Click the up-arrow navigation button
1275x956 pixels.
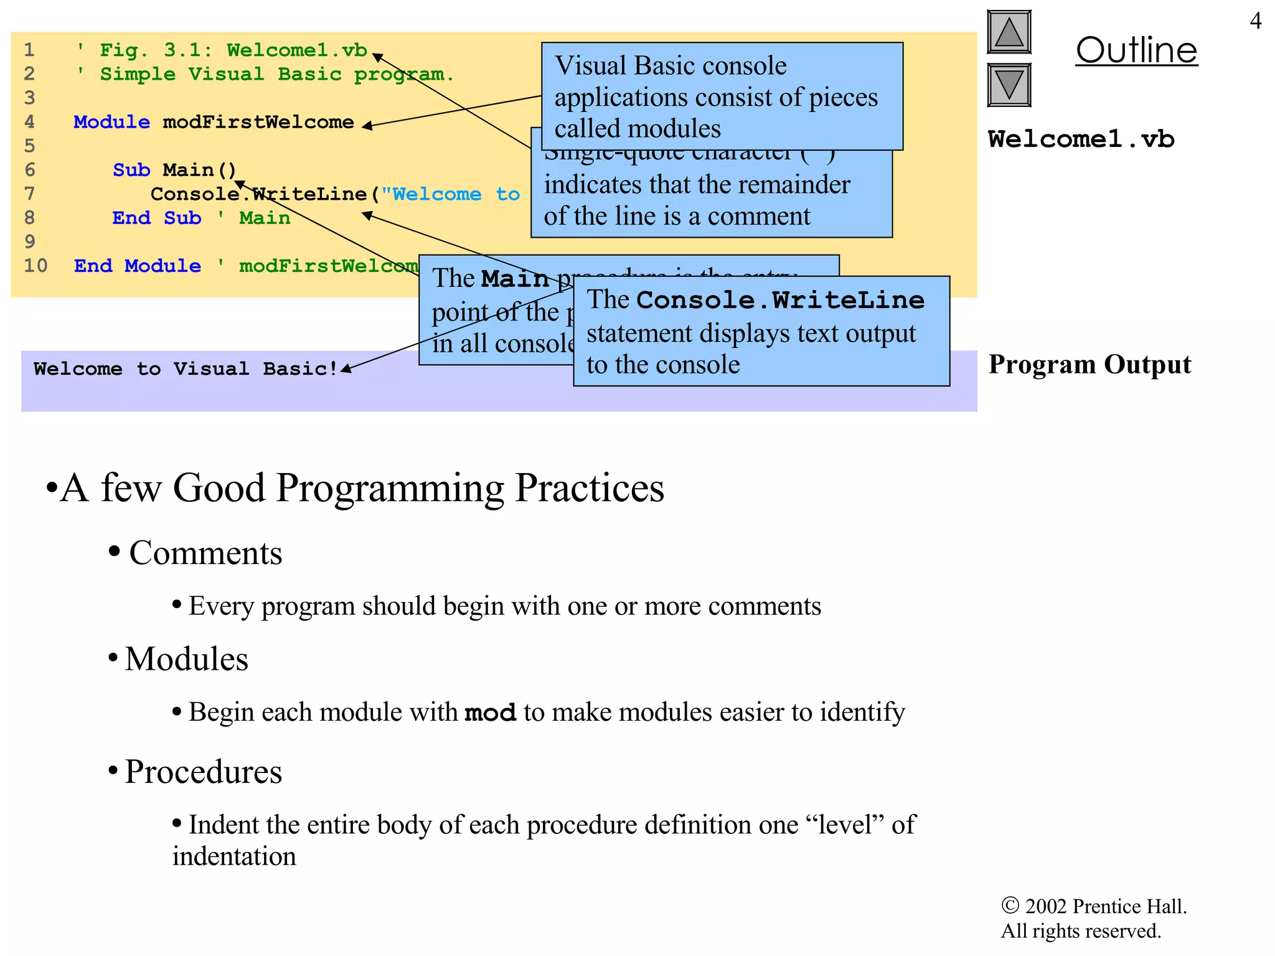1009,32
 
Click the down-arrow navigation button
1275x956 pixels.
1009,85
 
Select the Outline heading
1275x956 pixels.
1136,50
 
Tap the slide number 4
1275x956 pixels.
1255,21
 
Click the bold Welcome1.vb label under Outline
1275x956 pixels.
1081,139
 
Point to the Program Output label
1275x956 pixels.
1089,365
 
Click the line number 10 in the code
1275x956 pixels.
35,266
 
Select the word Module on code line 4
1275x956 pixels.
111,122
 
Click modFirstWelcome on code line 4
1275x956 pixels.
258,122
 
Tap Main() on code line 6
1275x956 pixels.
199,170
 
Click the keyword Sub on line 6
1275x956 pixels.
131,170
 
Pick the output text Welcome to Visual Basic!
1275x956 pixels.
186,369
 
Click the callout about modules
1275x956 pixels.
722,96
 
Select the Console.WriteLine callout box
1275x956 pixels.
761,332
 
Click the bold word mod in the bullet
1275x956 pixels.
490,713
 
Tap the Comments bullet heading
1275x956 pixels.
205,553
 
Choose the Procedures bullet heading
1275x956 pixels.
203,772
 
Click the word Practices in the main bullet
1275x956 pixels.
590,487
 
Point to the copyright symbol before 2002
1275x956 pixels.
1010,906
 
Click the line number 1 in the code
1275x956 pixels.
29,50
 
